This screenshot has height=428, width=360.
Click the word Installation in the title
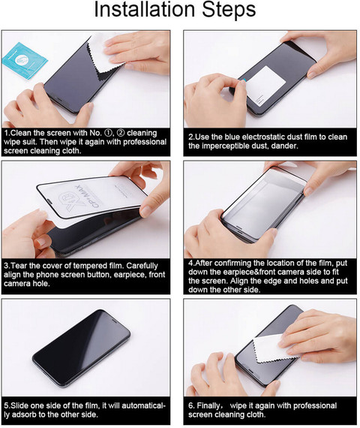click(144, 9)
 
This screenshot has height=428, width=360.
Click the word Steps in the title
click(229, 11)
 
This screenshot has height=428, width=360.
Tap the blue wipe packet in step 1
click(25, 61)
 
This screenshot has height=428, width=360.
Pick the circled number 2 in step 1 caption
click(121, 133)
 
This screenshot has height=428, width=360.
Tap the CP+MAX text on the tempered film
click(88, 196)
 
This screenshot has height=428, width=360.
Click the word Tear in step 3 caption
click(20, 266)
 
